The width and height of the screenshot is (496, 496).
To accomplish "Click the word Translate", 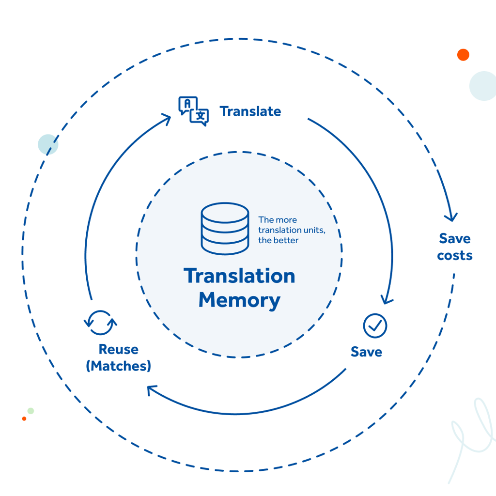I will pos(250,111).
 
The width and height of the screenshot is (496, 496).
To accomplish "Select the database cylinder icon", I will pos(225,229).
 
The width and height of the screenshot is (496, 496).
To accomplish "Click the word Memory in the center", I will pos(239,300).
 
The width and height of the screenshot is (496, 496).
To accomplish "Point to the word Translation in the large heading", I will pos(239,276).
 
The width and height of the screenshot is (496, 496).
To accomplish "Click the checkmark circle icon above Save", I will pos(375,325).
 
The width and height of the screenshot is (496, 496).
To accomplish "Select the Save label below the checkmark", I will pos(366,352).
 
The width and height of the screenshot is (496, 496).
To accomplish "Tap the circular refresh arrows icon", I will pos(100,323).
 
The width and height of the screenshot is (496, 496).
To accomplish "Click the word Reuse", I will pos(118,349).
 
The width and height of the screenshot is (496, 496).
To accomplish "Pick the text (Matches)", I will pos(118,366).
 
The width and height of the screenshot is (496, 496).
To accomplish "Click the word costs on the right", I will pos(454,256).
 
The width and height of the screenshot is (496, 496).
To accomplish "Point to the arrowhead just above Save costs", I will pos(451,216).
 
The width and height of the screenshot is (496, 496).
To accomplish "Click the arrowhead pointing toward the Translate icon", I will pos(166,118).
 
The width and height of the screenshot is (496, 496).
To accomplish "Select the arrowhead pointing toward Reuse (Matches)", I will pos(153,389).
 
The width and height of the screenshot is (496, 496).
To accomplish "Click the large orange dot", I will pos(463,55).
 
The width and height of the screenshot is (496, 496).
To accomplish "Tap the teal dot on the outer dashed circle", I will pos(48,144).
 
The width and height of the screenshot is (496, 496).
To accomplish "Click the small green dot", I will pos(31,411).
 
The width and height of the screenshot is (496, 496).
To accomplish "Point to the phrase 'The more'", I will pos(278,219).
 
